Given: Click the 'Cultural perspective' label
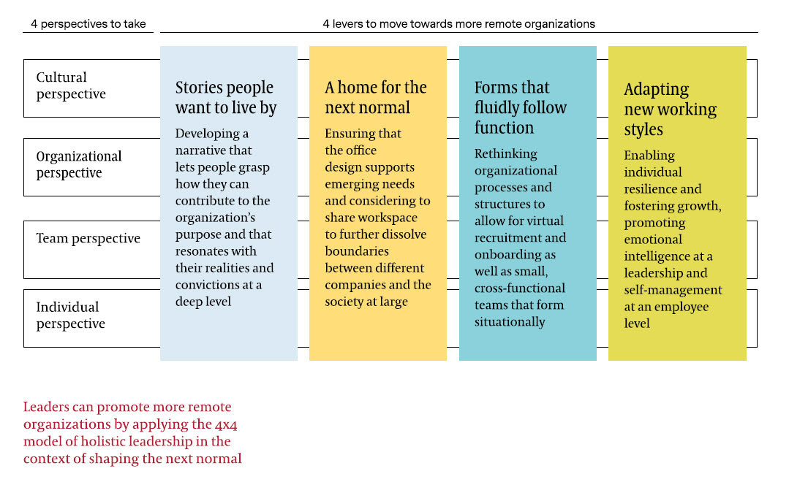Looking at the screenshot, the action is (71, 85).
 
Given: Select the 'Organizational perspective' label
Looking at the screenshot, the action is (79, 164).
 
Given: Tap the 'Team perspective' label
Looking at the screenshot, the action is (88, 239).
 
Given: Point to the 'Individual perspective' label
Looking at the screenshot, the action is (70, 315).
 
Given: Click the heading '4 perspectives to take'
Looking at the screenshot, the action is (88, 23).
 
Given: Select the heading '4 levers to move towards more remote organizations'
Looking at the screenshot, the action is (459, 23).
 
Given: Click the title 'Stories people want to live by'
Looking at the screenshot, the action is (226, 98).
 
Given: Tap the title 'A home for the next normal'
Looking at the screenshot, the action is (375, 97).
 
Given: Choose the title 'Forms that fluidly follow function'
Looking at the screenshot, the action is (521, 107).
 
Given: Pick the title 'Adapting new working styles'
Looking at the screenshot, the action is (671, 109).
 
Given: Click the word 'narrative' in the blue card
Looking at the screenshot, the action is (200, 150).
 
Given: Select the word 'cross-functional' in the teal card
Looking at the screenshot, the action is (520, 288).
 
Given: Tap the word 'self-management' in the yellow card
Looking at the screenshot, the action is (673, 290).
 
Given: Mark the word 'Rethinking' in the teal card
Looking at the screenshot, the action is (506, 154).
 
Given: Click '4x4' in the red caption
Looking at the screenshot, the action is (226, 425).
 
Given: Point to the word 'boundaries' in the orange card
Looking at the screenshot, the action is (357, 251).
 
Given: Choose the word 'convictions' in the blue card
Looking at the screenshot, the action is (208, 285).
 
